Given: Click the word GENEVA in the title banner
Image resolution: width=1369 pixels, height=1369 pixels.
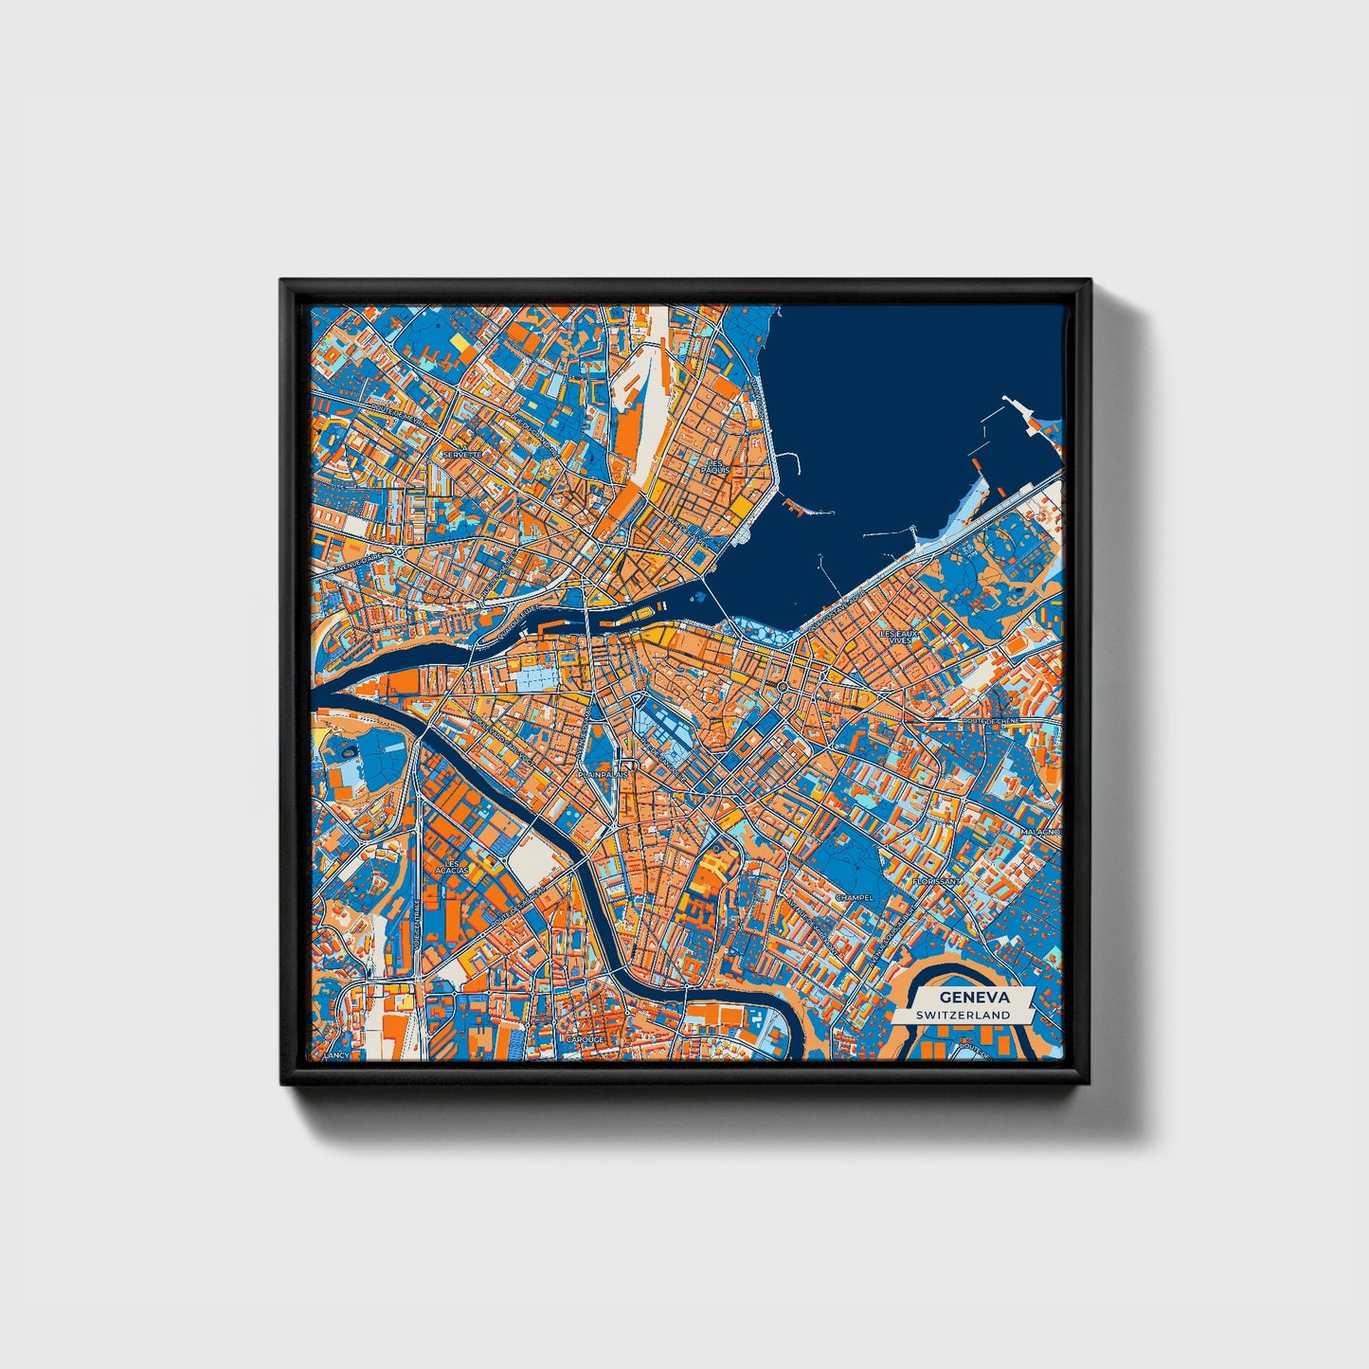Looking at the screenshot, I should tap(974, 998).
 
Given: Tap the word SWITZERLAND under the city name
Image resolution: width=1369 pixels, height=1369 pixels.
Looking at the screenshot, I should tap(963, 1015).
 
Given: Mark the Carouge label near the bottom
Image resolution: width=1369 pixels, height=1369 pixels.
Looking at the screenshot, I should tap(585, 1039).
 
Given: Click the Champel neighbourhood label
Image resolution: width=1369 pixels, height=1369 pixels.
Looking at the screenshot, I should tap(852, 897).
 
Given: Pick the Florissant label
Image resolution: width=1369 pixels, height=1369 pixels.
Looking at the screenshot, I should tap(936, 881).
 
